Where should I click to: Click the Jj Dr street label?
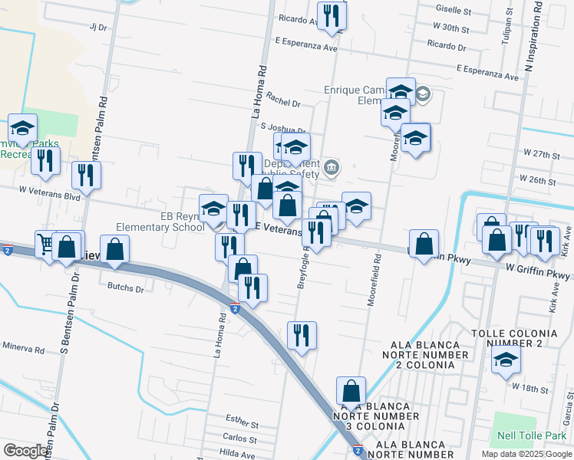click(x=97, y=27)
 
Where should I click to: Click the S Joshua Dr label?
click(x=282, y=128)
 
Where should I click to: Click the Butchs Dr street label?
click(x=126, y=289)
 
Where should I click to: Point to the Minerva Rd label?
click(x=23, y=348)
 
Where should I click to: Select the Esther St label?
click(x=242, y=419)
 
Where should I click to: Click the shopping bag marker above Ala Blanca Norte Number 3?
click(x=351, y=390)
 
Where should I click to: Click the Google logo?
click(x=25, y=451)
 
